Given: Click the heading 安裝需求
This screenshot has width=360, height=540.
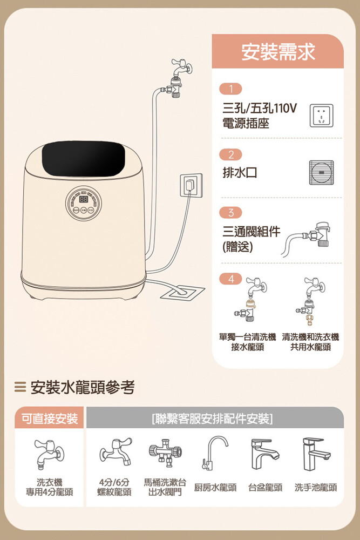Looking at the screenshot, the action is [278, 52].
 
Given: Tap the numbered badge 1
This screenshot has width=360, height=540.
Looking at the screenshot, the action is [230, 89].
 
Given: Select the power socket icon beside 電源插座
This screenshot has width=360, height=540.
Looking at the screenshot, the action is [322, 116].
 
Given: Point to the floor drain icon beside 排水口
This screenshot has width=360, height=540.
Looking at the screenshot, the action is [321, 173].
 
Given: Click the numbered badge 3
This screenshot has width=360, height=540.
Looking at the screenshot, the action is [230, 212].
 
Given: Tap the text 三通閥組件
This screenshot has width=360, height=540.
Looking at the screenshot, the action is [251, 232].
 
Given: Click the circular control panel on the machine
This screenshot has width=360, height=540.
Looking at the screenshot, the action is [84, 203].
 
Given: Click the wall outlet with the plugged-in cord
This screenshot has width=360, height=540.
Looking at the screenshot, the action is [191, 185].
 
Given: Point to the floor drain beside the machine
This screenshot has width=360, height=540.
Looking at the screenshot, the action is [182, 292].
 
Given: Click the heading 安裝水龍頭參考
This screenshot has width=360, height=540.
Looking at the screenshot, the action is [83, 387].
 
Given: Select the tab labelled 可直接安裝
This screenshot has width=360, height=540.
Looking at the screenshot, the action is [50, 418].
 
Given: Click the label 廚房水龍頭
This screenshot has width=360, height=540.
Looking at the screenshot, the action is [215, 487].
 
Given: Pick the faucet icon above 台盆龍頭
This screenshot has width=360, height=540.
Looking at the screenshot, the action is [264, 454].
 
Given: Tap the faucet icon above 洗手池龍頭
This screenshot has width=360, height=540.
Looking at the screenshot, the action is [316, 454].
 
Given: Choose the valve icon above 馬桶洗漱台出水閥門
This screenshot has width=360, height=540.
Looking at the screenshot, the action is [165, 453].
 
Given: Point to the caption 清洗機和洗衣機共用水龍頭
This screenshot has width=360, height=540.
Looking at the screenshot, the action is [310, 342].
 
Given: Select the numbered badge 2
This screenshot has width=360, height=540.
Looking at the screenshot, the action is [230, 154].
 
